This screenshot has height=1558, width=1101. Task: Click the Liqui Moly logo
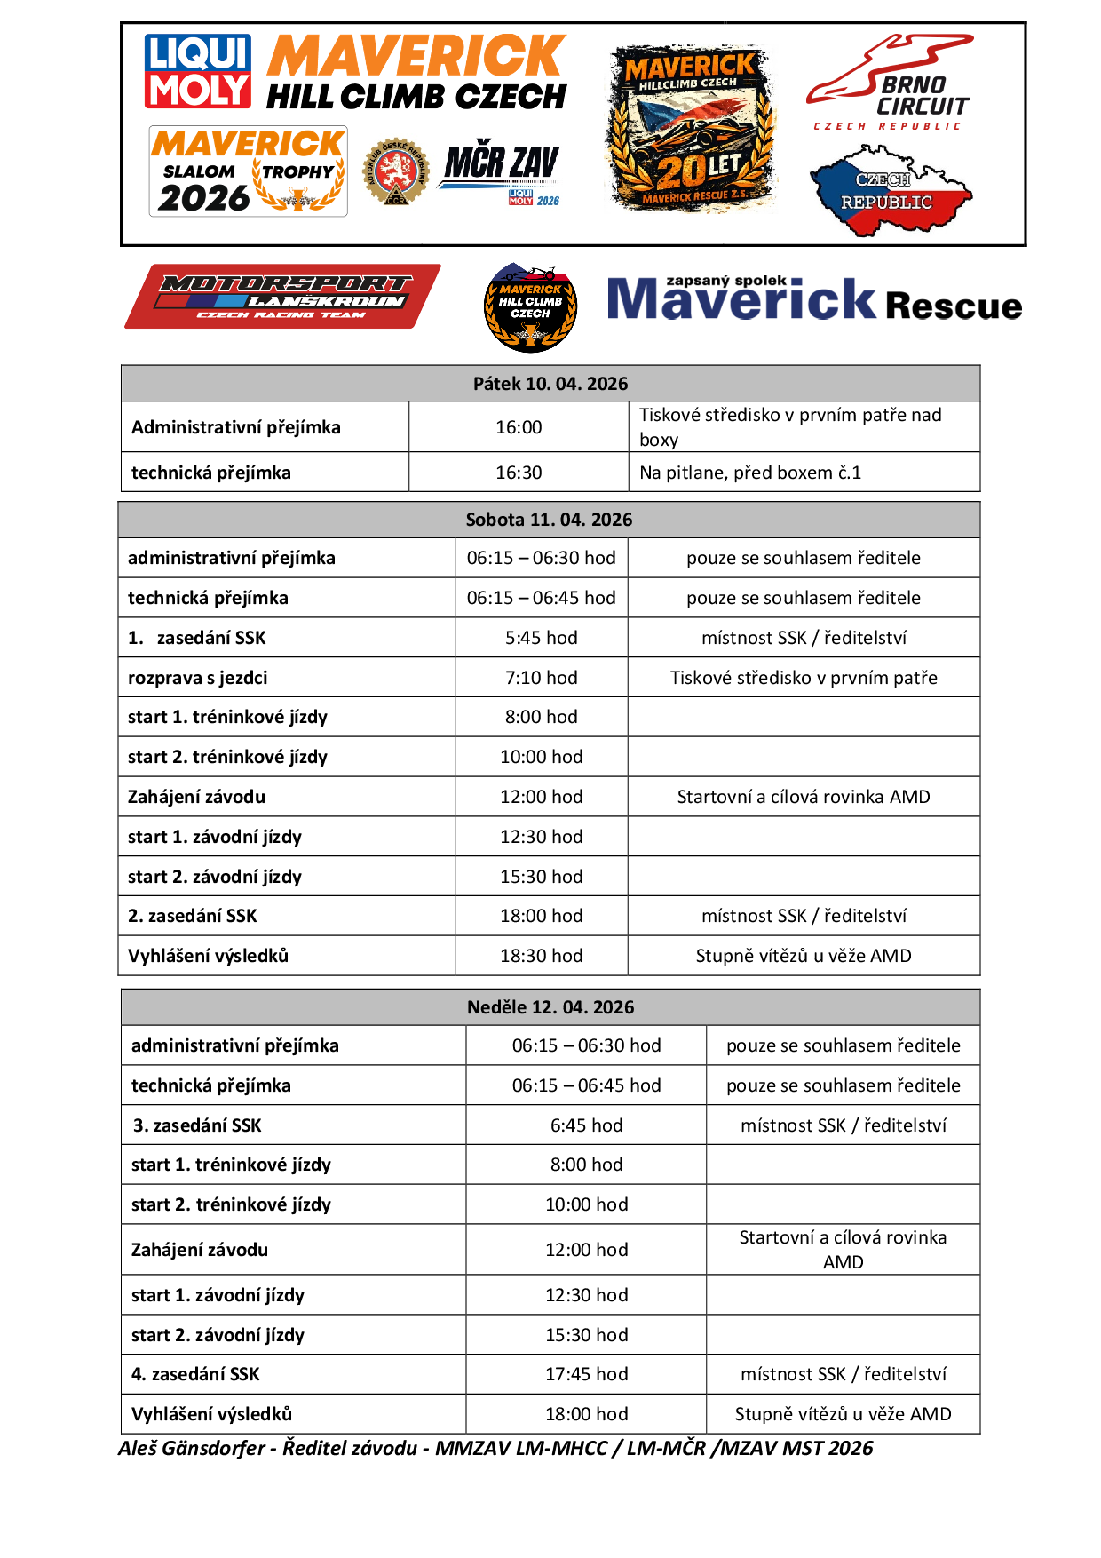pos(197,71)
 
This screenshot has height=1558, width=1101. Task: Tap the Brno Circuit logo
pos(890,83)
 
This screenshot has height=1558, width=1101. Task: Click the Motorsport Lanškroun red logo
pos(282,296)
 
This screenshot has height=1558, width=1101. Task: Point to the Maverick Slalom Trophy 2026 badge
pos(248,171)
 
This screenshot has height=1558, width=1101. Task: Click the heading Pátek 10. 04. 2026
pos(550,384)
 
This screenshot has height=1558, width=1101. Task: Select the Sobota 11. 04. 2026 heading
pos(549,520)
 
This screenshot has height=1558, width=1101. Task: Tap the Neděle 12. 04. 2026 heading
pos(550,1007)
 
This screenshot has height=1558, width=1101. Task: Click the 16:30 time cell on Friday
pos(519,473)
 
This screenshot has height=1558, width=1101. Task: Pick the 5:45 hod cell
pos(541,638)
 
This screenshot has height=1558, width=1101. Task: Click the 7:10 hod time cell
pos(541,678)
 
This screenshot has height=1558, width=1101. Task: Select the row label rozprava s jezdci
pos(198,678)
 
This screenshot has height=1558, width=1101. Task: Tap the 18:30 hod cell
pos(541,956)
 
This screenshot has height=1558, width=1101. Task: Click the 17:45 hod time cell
pos(586,1374)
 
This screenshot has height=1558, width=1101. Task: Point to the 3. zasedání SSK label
pos(198,1125)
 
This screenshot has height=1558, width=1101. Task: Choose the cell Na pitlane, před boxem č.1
pos(750,473)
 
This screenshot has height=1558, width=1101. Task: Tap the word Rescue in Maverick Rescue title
pos(953,306)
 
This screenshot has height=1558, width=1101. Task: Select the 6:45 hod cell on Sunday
pos(586,1125)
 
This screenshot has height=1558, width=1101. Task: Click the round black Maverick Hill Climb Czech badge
pos(530,307)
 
